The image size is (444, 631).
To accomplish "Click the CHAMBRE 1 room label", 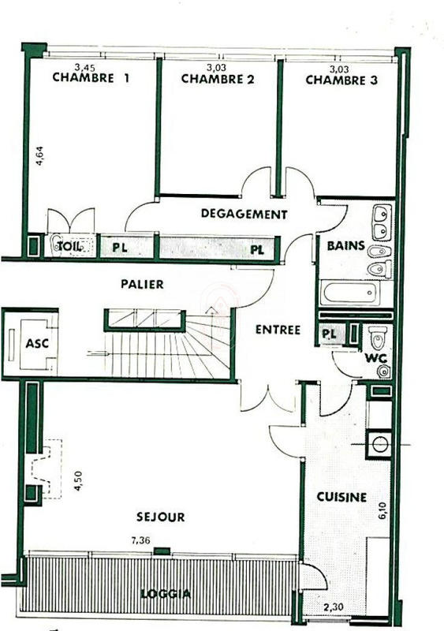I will point(91,78).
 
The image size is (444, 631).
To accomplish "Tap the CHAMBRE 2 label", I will point(218,79).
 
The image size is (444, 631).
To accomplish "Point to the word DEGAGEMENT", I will point(244,214).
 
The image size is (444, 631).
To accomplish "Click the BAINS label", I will point(346,245).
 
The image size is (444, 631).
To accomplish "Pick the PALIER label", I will point(143,284).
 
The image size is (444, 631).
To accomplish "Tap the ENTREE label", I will point(278,330).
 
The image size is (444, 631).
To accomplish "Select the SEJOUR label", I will point(159,517).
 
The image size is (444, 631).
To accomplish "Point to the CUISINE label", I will point(341,497).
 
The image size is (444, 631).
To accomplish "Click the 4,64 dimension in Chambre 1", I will point(39,152).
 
